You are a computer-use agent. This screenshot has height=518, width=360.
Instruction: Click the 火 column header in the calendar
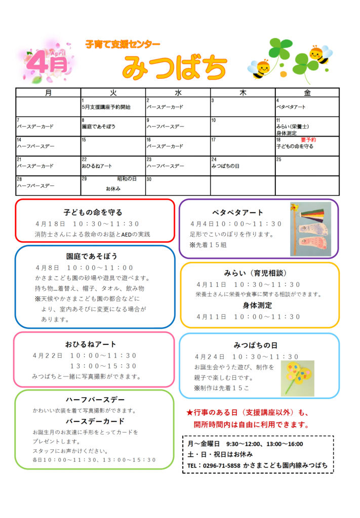pyautogui.click(x=113, y=93)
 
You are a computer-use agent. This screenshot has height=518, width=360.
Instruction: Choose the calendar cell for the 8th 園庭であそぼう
pyautogui.click(x=113, y=126)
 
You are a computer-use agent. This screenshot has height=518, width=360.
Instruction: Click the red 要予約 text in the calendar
pyautogui.click(x=308, y=140)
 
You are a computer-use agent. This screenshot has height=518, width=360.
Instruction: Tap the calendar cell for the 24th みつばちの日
pyautogui.click(x=243, y=165)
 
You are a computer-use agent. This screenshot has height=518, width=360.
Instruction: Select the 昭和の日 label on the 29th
pyautogui.click(x=127, y=179)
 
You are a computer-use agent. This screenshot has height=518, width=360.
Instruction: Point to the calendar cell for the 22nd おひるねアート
pyautogui.click(x=113, y=165)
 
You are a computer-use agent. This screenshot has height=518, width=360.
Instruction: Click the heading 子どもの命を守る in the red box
pyautogui.click(x=93, y=212)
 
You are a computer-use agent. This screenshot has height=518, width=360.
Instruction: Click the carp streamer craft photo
pyautogui.click(x=310, y=229)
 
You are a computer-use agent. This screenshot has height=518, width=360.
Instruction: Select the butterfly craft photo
pyautogui.click(x=297, y=378)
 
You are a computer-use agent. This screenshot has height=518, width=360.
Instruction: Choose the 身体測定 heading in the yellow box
pyautogui.click(x=257, y=306)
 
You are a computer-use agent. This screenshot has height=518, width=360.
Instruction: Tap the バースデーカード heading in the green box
pyautogui.click(x=95, y=421)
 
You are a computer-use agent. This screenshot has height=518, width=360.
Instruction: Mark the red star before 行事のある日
pyautogui.click(x=190, y=412)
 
